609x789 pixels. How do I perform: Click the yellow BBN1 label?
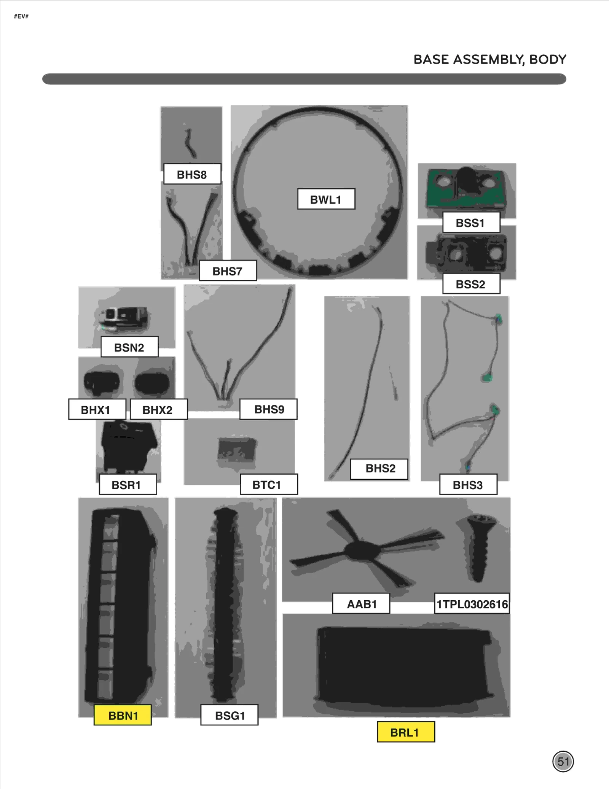[123, 715]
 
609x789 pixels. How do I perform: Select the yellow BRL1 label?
[406, 732]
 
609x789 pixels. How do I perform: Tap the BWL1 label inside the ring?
[326, 199]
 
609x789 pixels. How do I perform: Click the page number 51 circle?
[563, 762]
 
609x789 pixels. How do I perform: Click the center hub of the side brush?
[362, 550]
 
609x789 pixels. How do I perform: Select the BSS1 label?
[471, 223]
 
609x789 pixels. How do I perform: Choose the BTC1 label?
[269, 484]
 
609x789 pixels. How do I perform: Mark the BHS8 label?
[192, 174]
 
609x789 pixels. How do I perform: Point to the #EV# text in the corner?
[21, 16]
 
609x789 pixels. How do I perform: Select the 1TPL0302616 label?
[472, 604]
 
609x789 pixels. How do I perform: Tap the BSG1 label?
[230, 715]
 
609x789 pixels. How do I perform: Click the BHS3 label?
[468, 484]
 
